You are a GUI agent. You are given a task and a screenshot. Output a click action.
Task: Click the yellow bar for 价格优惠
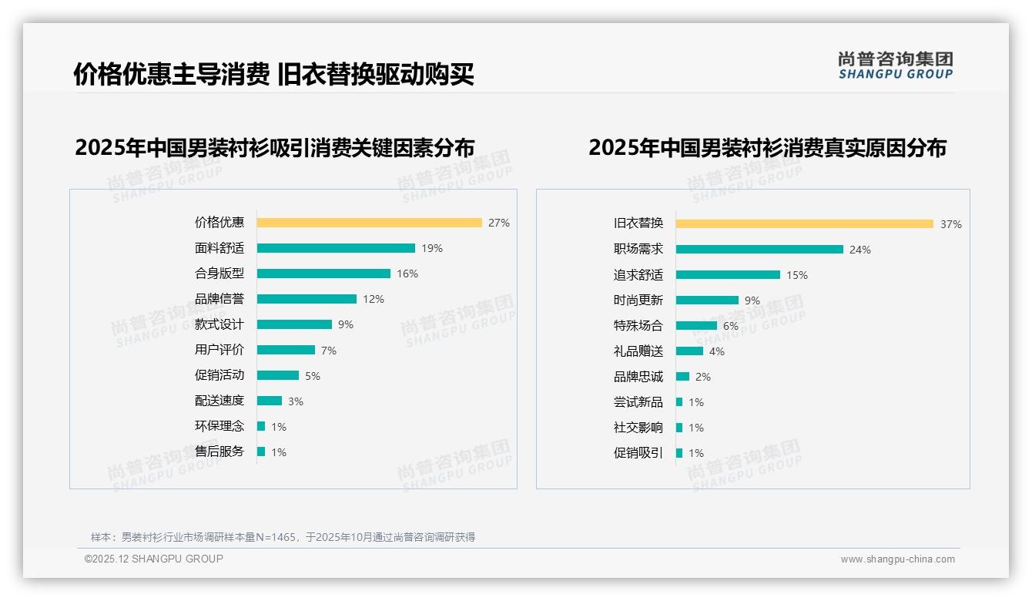point(369,223)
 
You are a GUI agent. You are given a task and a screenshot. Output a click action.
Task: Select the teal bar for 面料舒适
point(336,248)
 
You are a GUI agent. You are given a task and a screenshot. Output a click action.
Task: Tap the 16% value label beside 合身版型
point(407,274)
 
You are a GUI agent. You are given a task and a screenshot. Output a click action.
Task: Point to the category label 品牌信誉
point(219,299)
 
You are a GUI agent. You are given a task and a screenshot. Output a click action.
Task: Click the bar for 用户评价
point(286,350)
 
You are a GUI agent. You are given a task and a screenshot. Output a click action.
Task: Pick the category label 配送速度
point(219,401)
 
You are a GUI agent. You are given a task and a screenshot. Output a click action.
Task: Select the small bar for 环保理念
point(261,426)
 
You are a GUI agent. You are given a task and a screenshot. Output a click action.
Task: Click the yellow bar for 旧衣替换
point(804,224)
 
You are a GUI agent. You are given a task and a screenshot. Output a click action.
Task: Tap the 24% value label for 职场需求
point(860,250)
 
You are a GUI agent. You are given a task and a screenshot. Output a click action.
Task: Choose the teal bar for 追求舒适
point(728,274)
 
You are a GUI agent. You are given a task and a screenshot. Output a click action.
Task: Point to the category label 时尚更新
point(638,300)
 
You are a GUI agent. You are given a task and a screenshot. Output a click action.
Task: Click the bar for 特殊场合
point(696,325)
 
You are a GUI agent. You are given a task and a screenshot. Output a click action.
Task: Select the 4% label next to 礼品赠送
point(717,351)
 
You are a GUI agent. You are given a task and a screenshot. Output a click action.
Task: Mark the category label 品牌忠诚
point(638,377)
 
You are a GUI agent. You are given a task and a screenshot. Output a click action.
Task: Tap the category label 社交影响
point(638,428)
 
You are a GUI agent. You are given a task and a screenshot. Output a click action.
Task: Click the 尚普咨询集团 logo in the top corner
point(896,65)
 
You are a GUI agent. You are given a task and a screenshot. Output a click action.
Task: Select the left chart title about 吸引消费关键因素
point(275,147)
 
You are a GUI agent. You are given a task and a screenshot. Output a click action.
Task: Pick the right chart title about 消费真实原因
point(767,147)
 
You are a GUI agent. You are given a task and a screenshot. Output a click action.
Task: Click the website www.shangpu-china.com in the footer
point(897,559)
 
